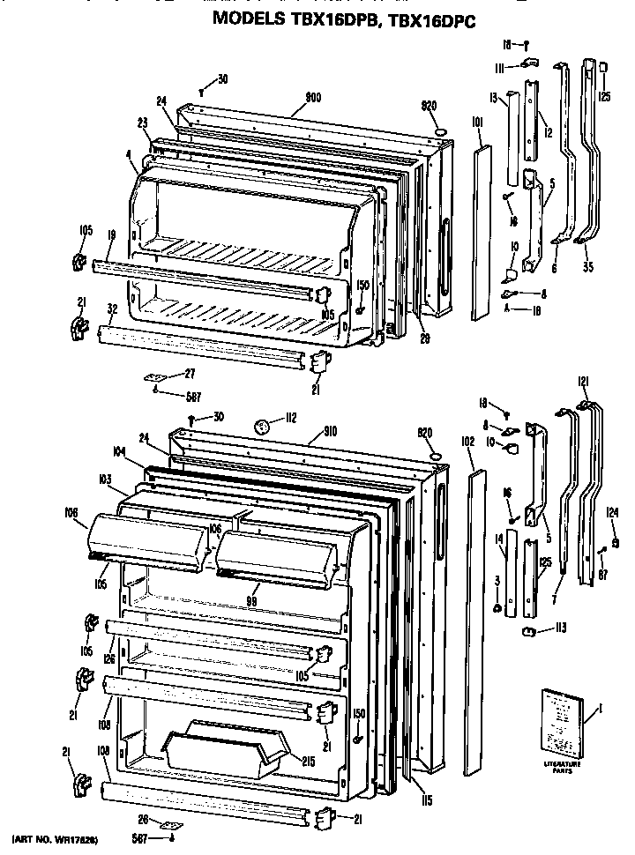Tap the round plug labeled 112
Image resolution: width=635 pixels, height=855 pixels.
(261, 427)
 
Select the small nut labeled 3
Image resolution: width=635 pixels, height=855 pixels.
(498, 608)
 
